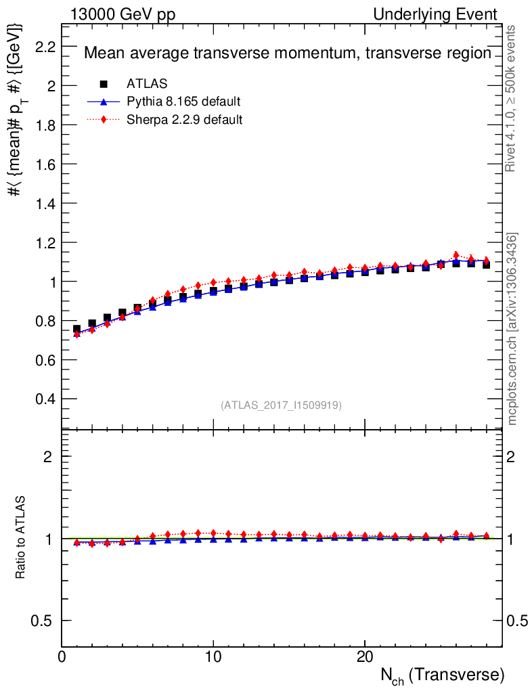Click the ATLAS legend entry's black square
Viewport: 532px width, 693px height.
[104, 84]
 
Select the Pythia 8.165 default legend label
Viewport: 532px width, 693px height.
[183, 102]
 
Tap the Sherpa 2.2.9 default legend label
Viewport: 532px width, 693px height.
[185, 120]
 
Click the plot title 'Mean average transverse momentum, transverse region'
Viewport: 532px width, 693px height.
[287, 53]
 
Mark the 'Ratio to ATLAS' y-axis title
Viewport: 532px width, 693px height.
[21, 537]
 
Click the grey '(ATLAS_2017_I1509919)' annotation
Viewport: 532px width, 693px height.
[281, 405]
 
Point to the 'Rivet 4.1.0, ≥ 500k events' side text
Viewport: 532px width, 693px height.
[512, 98]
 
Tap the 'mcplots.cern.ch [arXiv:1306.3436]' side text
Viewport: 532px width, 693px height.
[512, 329]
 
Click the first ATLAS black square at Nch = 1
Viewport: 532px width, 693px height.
[76, 329]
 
